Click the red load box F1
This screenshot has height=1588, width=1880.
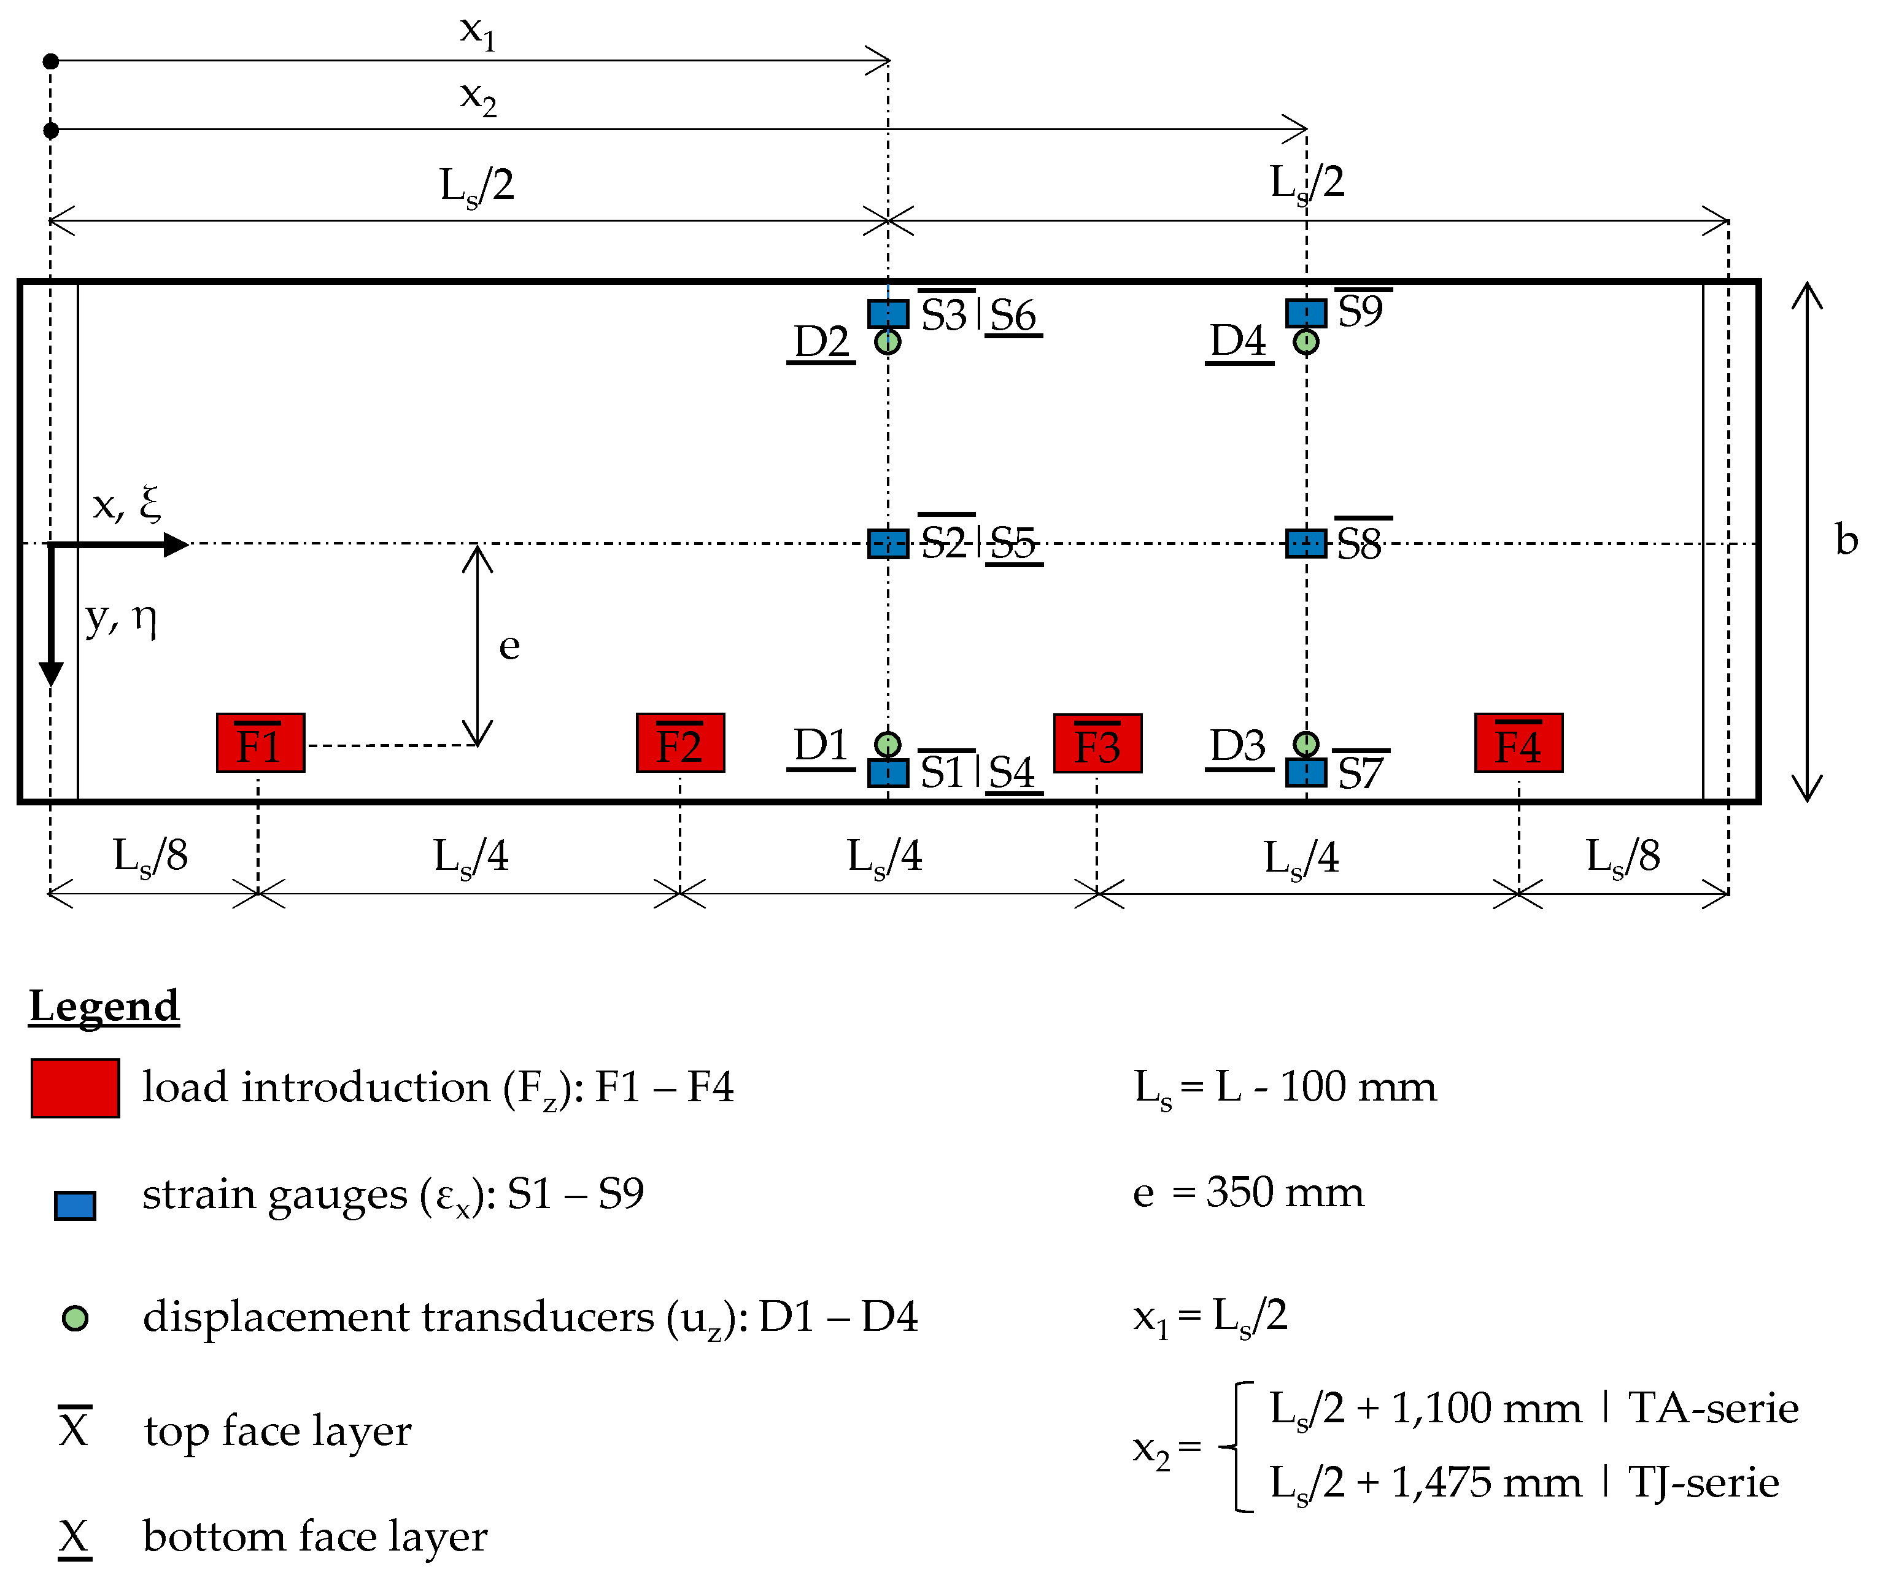[260, 743]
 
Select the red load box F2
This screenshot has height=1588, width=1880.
[679, 743]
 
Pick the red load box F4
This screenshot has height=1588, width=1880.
[1518, 743]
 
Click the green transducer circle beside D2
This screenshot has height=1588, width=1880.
[888, 342]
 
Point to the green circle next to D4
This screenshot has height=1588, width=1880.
[1306, 342]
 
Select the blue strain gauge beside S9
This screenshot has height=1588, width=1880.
[1306, 313]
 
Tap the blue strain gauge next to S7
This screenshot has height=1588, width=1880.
[1306, 772]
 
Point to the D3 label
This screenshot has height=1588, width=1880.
[1239, 745]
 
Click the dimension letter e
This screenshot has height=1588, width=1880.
[509, 646]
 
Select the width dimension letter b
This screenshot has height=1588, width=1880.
[1847, 540]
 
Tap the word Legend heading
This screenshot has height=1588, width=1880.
[104, 1005]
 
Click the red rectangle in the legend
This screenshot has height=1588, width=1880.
[75, 1088]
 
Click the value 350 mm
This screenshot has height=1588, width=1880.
[1285, 1193]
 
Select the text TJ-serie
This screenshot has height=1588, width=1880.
[1704, 1482]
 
